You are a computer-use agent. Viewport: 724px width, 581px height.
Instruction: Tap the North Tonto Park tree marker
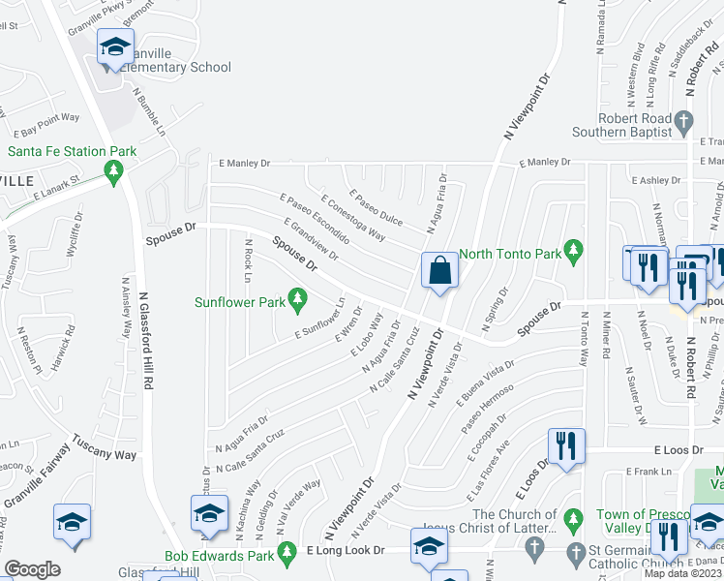coord(574,254)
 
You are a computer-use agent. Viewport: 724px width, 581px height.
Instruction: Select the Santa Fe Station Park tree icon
coord(115,171)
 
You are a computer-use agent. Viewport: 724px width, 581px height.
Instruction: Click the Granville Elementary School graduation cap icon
coord(115,46)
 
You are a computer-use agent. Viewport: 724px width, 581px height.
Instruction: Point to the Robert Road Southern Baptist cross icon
coord(685,124)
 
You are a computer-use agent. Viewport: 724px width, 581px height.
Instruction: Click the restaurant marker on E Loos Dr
coord(564,445)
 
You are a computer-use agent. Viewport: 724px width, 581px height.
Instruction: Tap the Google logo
coord(32,569)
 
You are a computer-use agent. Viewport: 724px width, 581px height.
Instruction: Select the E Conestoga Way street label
coord(352,216)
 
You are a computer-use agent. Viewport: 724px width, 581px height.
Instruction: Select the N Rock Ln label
coord(248,260)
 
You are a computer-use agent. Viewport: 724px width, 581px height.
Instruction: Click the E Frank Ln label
coord(648,472)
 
